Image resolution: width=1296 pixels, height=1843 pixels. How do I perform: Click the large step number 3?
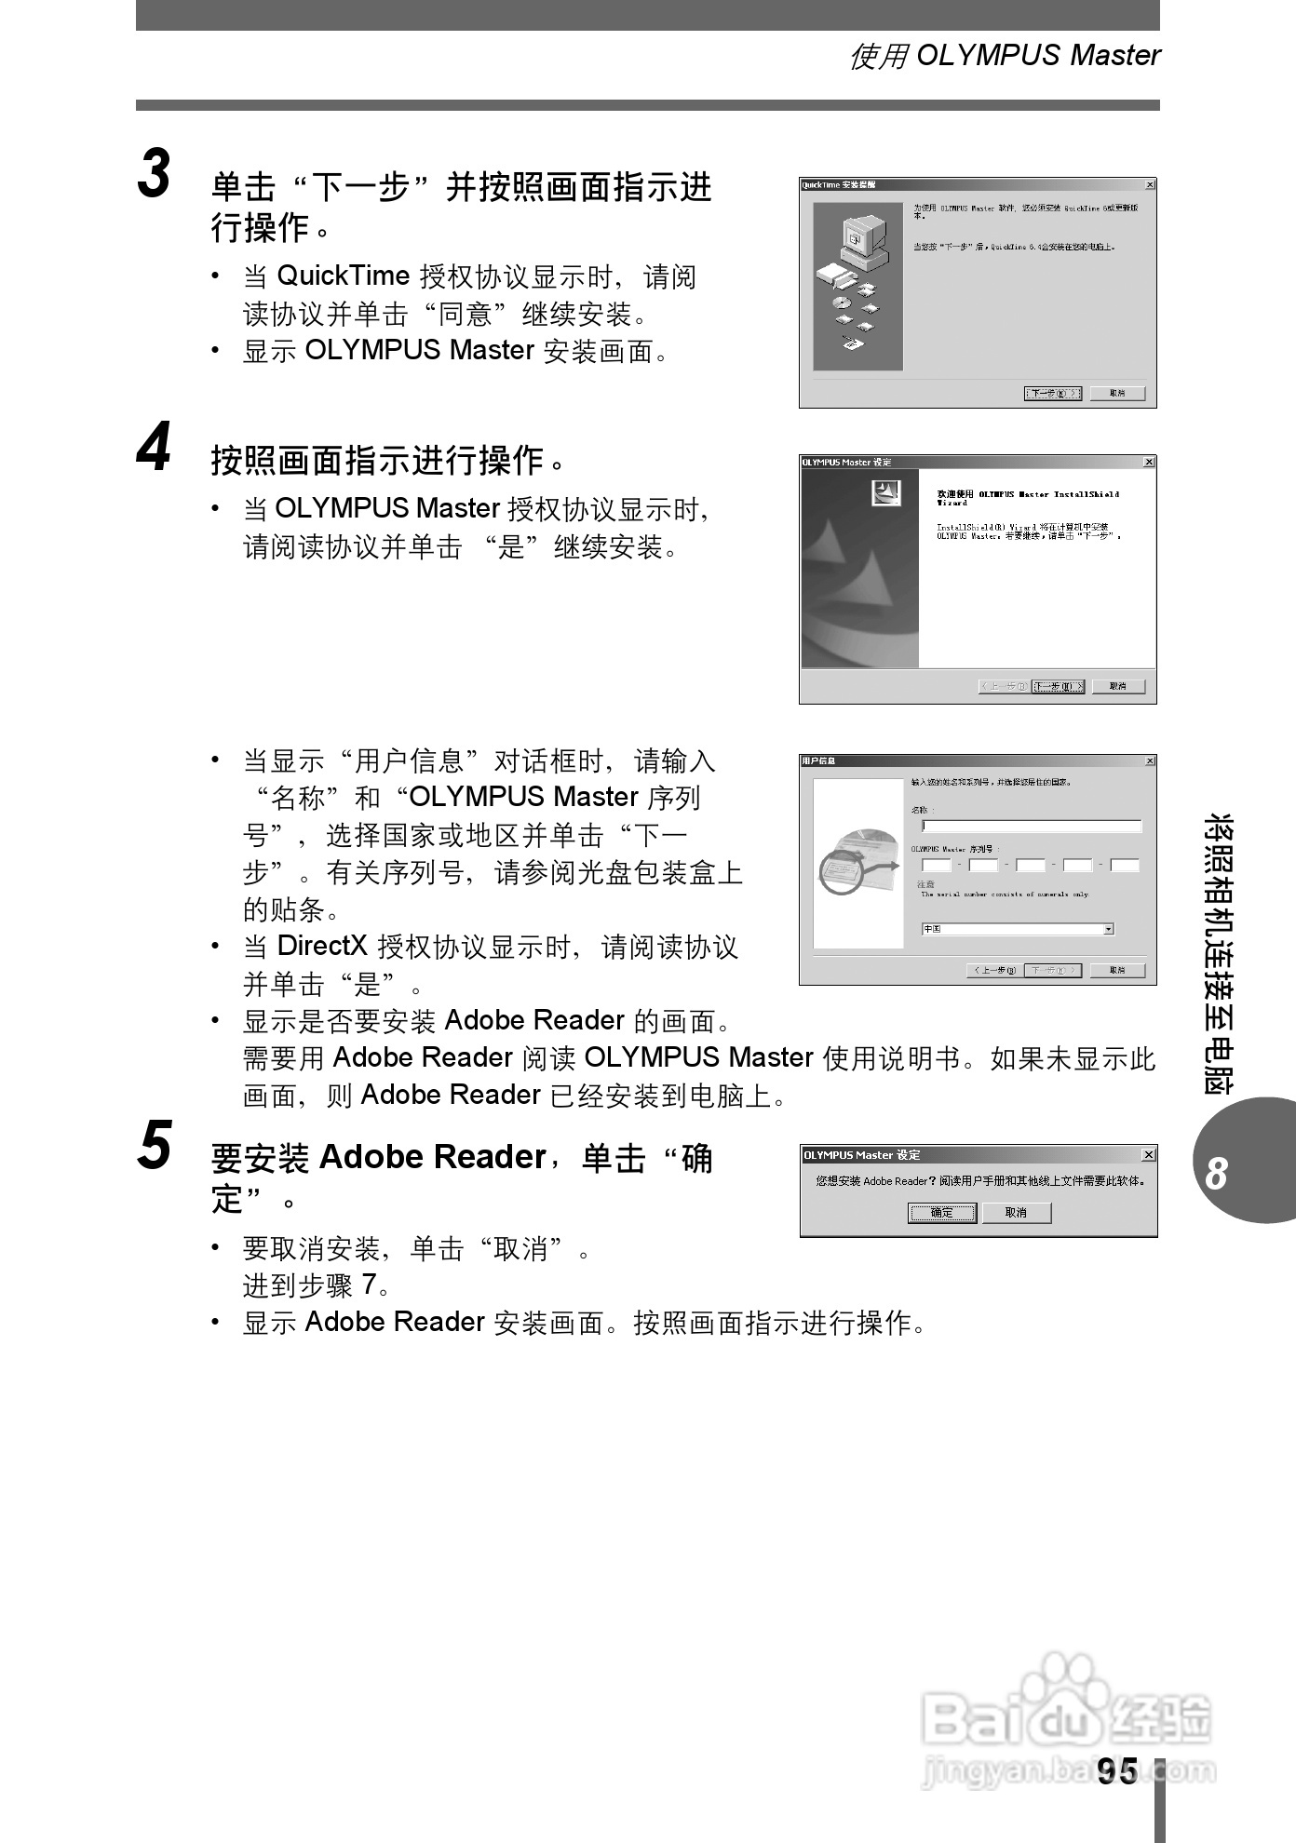pos(155,174)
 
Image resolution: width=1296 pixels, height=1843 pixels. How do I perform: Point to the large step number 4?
pos(155,447)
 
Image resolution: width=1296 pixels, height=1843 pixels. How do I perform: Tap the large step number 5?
pos(155,1145)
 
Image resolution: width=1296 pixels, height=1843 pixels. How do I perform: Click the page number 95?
pos(1116,1770)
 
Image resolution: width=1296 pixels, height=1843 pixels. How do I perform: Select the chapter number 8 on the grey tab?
pos(1216,1174)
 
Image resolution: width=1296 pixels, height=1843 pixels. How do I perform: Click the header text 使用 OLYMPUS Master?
pos(1005,56)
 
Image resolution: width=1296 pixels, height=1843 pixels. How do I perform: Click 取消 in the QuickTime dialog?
pos(1117,394)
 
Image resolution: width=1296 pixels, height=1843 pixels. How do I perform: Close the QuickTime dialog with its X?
pos(1150,185)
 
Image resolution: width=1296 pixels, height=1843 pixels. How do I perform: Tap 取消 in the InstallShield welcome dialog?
pos(1117,687)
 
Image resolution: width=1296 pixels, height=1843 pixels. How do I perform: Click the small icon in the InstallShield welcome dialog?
pos(885,493)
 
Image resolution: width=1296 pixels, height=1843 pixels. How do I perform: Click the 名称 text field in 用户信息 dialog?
pos(1031,826)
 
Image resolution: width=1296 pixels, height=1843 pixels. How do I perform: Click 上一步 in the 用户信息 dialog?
pos(993,970)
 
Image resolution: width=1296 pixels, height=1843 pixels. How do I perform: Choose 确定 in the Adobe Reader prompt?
pos(942,1213)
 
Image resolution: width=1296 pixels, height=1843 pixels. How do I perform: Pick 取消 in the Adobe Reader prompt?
pos(1016,1213)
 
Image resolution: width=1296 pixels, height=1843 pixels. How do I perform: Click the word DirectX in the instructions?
pos(322,947)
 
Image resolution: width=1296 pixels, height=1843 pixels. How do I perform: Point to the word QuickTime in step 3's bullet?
pos(344,276)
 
